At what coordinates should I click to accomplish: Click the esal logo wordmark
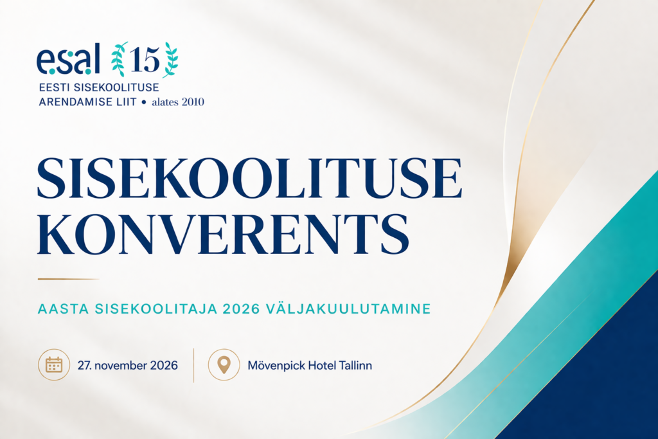tap(68, 58)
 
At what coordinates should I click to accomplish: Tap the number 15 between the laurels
tap(145, 60)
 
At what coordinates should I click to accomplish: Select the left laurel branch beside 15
tap(119, 58)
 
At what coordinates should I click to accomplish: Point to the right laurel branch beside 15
tap(171, 60)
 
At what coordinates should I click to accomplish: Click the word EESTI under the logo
tap(55, 87)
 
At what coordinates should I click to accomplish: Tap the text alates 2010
tap(178, 102)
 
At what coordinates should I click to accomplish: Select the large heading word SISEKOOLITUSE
tap(250, 178)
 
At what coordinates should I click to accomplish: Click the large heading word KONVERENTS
tap(223, 233)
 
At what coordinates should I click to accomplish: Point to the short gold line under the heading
tap(68, 279)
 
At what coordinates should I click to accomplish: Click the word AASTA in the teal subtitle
tap(64, 309)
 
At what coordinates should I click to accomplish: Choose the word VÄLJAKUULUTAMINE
tap(349, 309)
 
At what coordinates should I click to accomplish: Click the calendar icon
tap(54, 364)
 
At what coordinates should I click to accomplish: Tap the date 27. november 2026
tap(128, 366)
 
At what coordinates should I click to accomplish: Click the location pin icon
tap(224, 364)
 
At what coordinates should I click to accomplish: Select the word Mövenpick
tap(276, 366)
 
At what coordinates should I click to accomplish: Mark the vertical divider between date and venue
tap(193, 365)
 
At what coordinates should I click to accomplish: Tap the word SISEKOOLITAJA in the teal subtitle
tap(156, 309)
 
